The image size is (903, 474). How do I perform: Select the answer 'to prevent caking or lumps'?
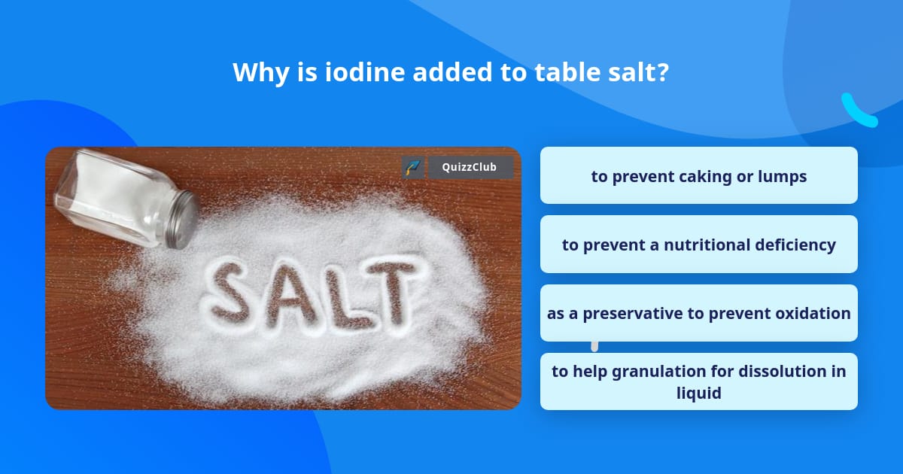tap(698, 176)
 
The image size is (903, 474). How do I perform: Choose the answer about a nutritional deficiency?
tap(698, 245)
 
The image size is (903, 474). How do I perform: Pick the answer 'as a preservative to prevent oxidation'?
tap(698, 313)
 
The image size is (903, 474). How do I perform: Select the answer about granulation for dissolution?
tap(698, 381)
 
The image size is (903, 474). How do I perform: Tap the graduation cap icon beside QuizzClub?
tap(412, 167)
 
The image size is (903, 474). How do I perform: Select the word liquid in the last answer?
tap(698, 392)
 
